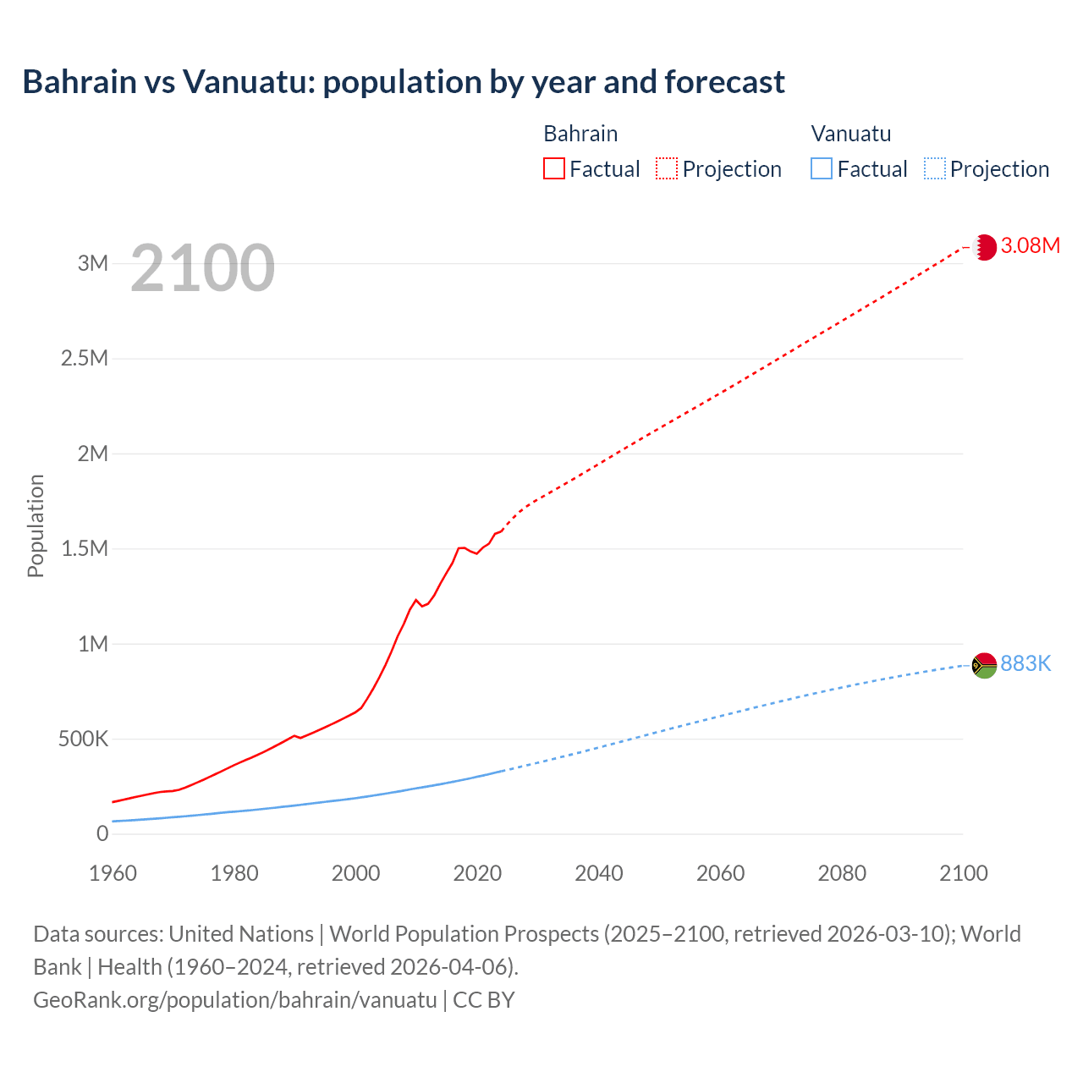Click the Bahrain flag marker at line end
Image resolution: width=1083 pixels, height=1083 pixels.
(x=984, y=247)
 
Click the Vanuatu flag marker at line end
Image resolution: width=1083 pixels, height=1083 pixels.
(x=984, y=666)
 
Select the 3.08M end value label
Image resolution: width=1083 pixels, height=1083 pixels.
(x=1030, y=246)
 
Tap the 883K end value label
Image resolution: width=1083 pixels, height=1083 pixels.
(x=1025, y=664)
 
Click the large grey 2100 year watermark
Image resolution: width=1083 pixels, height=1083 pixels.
(x=202, y=268)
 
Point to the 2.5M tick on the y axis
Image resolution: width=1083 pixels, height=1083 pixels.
(x=85, y=358)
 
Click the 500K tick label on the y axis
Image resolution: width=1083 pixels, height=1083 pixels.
(x=83, y=739)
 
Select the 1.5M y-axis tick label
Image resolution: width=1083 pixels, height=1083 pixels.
(x=85, y=549)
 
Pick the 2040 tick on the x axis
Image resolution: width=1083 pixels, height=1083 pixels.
(x=598, y=873)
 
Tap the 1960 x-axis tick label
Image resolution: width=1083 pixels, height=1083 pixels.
(x=113, y=873)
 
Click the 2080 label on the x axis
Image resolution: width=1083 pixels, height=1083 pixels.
(x=842, y=873)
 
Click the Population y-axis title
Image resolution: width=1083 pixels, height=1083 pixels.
(x=36, y=525)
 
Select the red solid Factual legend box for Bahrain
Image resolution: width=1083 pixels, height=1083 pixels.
(x=553, y=169)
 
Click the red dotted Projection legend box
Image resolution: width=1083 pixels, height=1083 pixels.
(x=667, y=169)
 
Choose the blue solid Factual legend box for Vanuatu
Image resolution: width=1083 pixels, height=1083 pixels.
(x=821, y=169)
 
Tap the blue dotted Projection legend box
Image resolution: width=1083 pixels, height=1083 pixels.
(x=934, y=169)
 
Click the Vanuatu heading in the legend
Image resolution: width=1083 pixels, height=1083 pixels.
(x=850, y=134)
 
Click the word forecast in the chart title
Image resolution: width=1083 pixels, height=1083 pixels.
(x=724, y=82)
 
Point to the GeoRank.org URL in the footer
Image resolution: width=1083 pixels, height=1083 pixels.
(x=235, y=1000)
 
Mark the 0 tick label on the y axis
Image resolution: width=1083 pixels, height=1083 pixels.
(x=102, y=834)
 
